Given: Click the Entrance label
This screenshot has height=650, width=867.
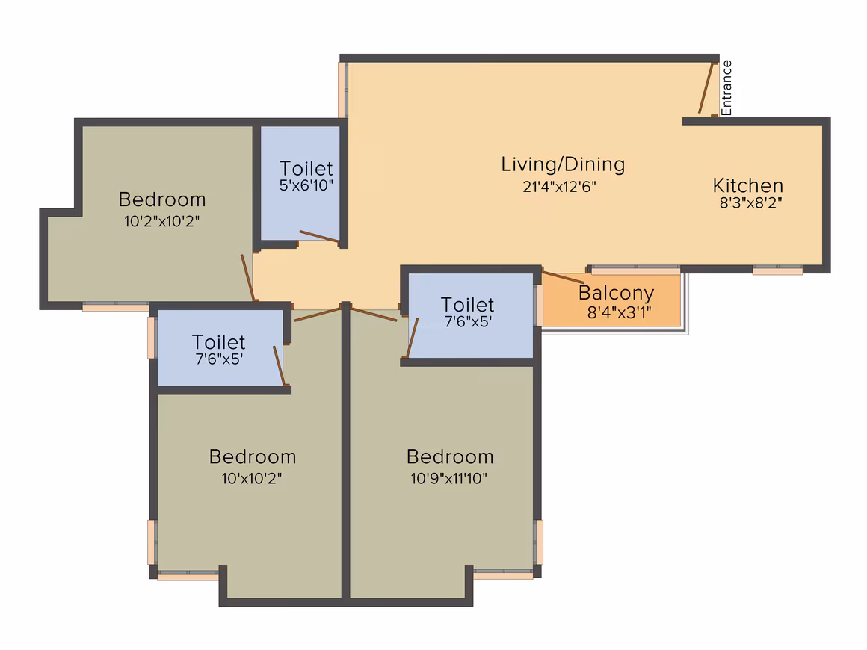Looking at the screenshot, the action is [726, 88].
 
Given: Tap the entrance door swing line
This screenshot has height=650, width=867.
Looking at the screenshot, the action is [706, 88].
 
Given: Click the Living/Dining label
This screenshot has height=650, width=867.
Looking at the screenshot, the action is [563, 164].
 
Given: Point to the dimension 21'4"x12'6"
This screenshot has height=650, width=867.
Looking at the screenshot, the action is [560, 187].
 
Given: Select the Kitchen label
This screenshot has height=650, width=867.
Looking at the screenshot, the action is [748, 185].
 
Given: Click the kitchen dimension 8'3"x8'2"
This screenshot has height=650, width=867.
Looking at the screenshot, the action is [750, 203].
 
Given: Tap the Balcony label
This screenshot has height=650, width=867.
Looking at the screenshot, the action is [616, 293].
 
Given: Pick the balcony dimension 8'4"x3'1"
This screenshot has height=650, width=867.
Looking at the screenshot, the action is [620, 313].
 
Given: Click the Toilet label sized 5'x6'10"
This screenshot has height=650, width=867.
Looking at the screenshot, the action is [306, 169].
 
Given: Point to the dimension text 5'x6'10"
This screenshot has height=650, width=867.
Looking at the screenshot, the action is [306, 185].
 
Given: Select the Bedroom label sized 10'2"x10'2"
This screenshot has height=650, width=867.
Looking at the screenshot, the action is [162, 199].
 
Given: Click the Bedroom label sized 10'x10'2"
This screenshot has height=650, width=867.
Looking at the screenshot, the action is [253, 457].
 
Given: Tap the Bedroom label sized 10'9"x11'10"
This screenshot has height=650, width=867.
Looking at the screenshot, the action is [450, 457].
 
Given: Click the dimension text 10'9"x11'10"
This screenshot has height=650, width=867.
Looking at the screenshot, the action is [449, 478].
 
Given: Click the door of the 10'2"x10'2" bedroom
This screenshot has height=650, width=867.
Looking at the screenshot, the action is [247, 278].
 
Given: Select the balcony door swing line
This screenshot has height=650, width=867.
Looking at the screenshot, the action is [563, 277].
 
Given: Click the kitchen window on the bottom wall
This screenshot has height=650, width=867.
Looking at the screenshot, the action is [777, 270].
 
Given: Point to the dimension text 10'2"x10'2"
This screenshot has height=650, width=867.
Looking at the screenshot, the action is [161, 221].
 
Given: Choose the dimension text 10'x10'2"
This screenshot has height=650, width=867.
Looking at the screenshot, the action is [252, 478].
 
